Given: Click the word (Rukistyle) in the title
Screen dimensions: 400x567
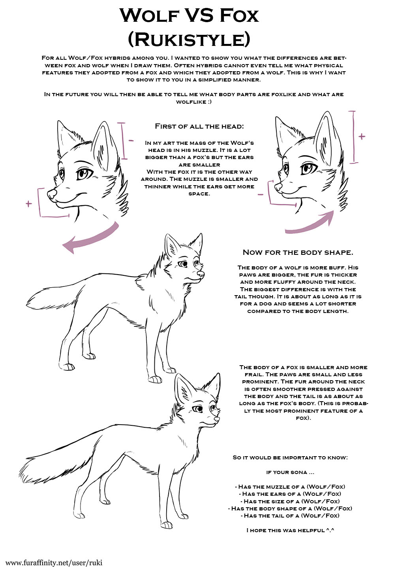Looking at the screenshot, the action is tap(189, 40).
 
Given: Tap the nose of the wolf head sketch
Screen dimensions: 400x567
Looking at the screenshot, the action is tap(52, 194).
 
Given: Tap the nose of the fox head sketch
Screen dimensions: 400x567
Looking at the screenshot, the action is tap(278, 187).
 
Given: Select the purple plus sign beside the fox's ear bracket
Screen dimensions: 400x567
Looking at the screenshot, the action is tap(362, 137).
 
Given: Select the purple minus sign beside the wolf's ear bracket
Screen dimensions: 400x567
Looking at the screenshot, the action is tap(131, 141).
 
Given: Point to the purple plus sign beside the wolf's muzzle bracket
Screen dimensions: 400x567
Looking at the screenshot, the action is tap(29, 203).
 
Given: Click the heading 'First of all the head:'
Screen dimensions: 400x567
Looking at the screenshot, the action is tap(199, 126).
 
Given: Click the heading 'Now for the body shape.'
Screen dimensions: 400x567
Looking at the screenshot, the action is tap(298, 252).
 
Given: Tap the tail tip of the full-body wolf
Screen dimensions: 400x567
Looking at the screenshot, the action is tap(27, 305).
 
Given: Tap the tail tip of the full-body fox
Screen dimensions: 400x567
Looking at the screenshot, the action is tap(21, 473).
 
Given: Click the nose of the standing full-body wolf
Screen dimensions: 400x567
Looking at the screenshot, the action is tap(201, 274).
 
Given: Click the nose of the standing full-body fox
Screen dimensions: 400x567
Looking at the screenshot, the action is tap(217, 419).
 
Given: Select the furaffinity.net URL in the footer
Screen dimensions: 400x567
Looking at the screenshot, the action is tap(54, 563).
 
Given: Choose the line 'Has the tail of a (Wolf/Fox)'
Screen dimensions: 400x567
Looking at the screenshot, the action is tap(290, 515).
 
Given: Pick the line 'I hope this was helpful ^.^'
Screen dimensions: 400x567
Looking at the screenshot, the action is tap(290, 530).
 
